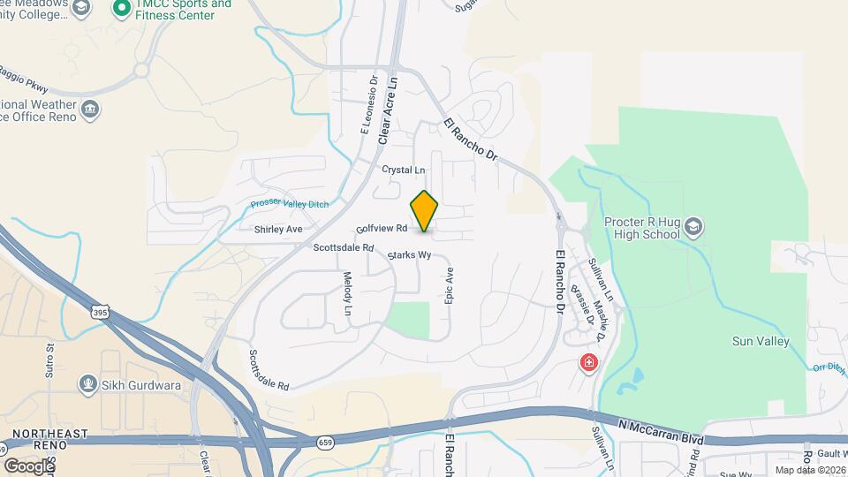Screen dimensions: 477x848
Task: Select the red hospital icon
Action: [x=587, y=362]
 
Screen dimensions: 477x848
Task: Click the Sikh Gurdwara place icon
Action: [x=87, y=383]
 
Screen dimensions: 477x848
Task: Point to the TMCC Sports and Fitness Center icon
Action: [x=122, y=9]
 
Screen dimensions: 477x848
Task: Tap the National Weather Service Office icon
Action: [x=90, y=110]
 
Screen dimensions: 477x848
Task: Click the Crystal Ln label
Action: [x=403, y=170]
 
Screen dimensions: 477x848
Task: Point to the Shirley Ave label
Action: [x=278, y=230]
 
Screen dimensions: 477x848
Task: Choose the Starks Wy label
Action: [x=410, y=255]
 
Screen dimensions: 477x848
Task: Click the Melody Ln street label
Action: [x=347, y=295]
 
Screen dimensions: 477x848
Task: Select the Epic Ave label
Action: [x=449, y=287]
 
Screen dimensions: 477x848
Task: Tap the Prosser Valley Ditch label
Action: [x=290, y=204]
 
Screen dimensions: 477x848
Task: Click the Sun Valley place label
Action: [x=761, y=341]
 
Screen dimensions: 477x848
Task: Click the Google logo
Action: [x=28, y=466]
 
